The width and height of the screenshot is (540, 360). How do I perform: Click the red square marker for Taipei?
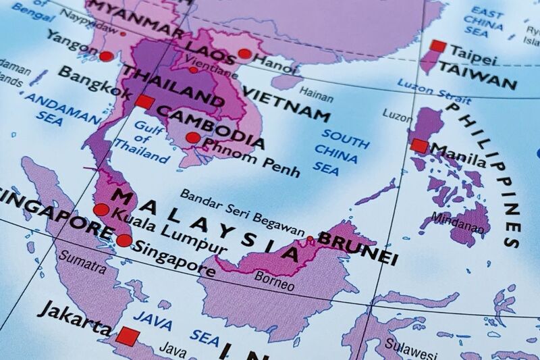[438, 47]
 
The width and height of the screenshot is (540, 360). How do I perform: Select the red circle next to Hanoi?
[244, 54]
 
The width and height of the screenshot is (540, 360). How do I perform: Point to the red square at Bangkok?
[143, 102]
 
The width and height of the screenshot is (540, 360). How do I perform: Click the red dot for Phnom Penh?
[193, 138]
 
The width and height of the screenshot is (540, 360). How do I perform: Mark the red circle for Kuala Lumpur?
[101, 209]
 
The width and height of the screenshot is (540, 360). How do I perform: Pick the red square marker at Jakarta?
[128, 336]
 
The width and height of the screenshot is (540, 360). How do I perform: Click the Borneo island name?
[274, 280]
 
